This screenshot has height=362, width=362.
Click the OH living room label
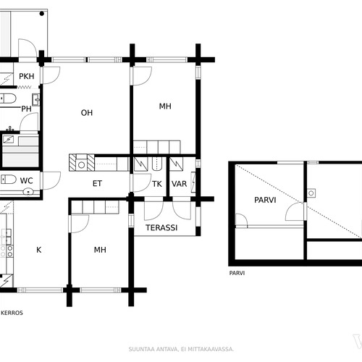(87, 113)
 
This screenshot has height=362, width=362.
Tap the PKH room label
(27, 76)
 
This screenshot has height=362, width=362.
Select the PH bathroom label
(26, 109)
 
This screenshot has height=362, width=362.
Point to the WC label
(27, 180)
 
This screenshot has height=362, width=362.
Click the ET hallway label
(97, 184)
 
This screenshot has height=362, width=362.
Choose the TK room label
(157, 184)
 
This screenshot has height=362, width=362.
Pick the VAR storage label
(179, 184)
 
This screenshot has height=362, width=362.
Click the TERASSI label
(161, 227)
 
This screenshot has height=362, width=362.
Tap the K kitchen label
(39, 250)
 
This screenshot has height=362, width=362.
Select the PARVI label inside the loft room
(265, 200)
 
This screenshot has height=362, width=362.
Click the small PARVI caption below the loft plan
(237, 273)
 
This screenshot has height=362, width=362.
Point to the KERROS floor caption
(12, 313)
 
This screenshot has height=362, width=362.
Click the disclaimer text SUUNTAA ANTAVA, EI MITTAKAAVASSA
(181, 349)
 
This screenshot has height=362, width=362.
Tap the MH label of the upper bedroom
(165, 106)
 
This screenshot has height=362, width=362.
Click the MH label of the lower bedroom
(100, 250)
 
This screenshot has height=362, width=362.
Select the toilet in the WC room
(8, 180)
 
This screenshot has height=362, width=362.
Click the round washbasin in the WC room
(28, 192)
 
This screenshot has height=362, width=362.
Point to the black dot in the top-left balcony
(42, 14)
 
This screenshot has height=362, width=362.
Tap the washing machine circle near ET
(82, 165)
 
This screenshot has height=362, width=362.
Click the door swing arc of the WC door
(56, 182)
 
